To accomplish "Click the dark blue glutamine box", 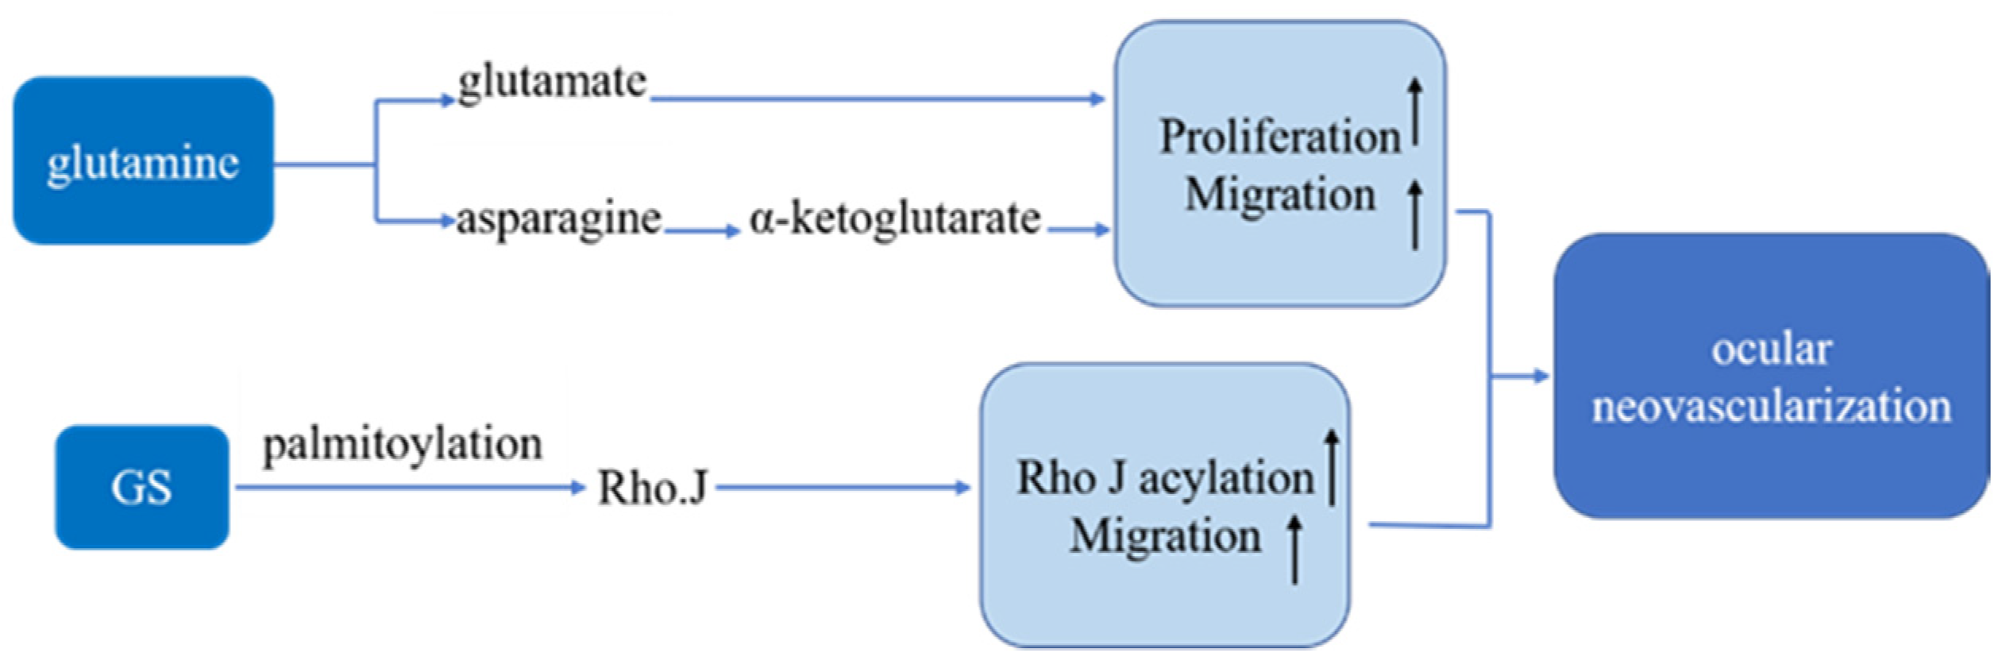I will point(143,161).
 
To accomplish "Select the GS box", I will point(141,487).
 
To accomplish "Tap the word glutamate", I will point(553,82).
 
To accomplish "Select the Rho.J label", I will point(652,487).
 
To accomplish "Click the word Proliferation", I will point(1280,137).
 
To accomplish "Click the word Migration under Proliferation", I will point(1280,195).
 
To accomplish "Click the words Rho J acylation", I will point(1165,478).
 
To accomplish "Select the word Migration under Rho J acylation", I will point(1165,535).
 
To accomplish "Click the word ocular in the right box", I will point(1771,350).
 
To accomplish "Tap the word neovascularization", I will point(1771,407).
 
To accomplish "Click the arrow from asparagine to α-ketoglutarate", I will point(702,231).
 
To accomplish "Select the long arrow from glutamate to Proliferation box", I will point(874,99).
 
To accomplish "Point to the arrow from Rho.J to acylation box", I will point(842,487).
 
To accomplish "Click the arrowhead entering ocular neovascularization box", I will point(1541,376).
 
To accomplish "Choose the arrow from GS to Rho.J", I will point(409,487).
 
